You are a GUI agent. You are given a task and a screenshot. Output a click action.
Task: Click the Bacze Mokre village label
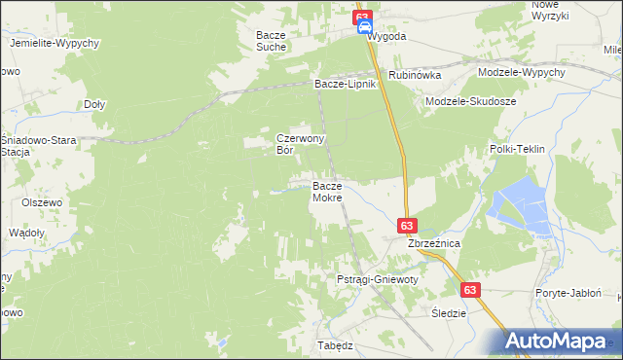tap(327, 192)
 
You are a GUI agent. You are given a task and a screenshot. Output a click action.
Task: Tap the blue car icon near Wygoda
tap(364, 28)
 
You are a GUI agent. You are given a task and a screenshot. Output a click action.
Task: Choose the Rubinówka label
tap(415, 75)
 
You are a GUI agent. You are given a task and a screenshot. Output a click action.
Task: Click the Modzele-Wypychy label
tap(522, 73)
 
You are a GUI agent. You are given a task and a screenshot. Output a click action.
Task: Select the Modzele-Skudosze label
tap(471, 101)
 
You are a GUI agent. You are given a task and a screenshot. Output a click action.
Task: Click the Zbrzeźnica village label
tap(434, 243)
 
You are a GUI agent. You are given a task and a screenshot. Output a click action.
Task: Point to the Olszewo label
tap(42, 202)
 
